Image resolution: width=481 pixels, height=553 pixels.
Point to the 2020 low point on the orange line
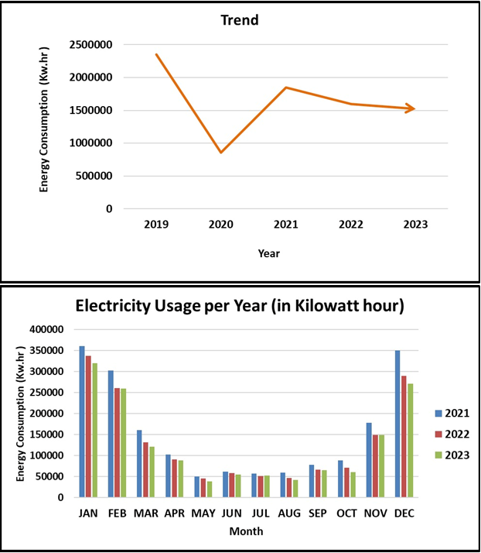[221, 153]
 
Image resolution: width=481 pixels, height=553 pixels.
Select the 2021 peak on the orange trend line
[285, 88]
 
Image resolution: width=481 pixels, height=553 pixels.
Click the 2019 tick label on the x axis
[156, 223]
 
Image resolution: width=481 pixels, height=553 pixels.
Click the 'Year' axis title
[269, 253]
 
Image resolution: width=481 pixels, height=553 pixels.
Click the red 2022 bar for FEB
[118, 442]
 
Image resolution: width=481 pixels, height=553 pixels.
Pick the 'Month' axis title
[245, 531]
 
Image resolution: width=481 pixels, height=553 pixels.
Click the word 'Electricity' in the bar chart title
[116, 306]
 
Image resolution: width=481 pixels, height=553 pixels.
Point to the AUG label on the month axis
[291, 513]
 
